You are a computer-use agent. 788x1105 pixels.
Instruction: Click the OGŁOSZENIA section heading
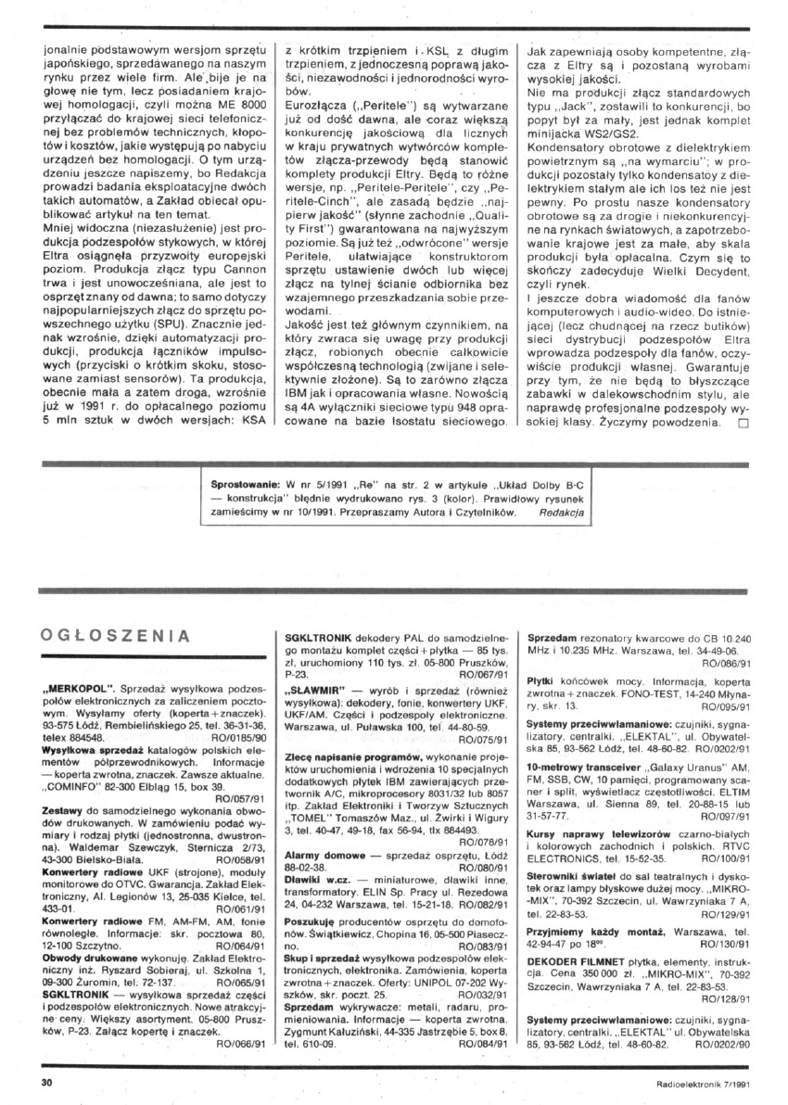(116, 636)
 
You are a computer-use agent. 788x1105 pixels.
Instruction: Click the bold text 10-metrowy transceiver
(582, 771)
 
